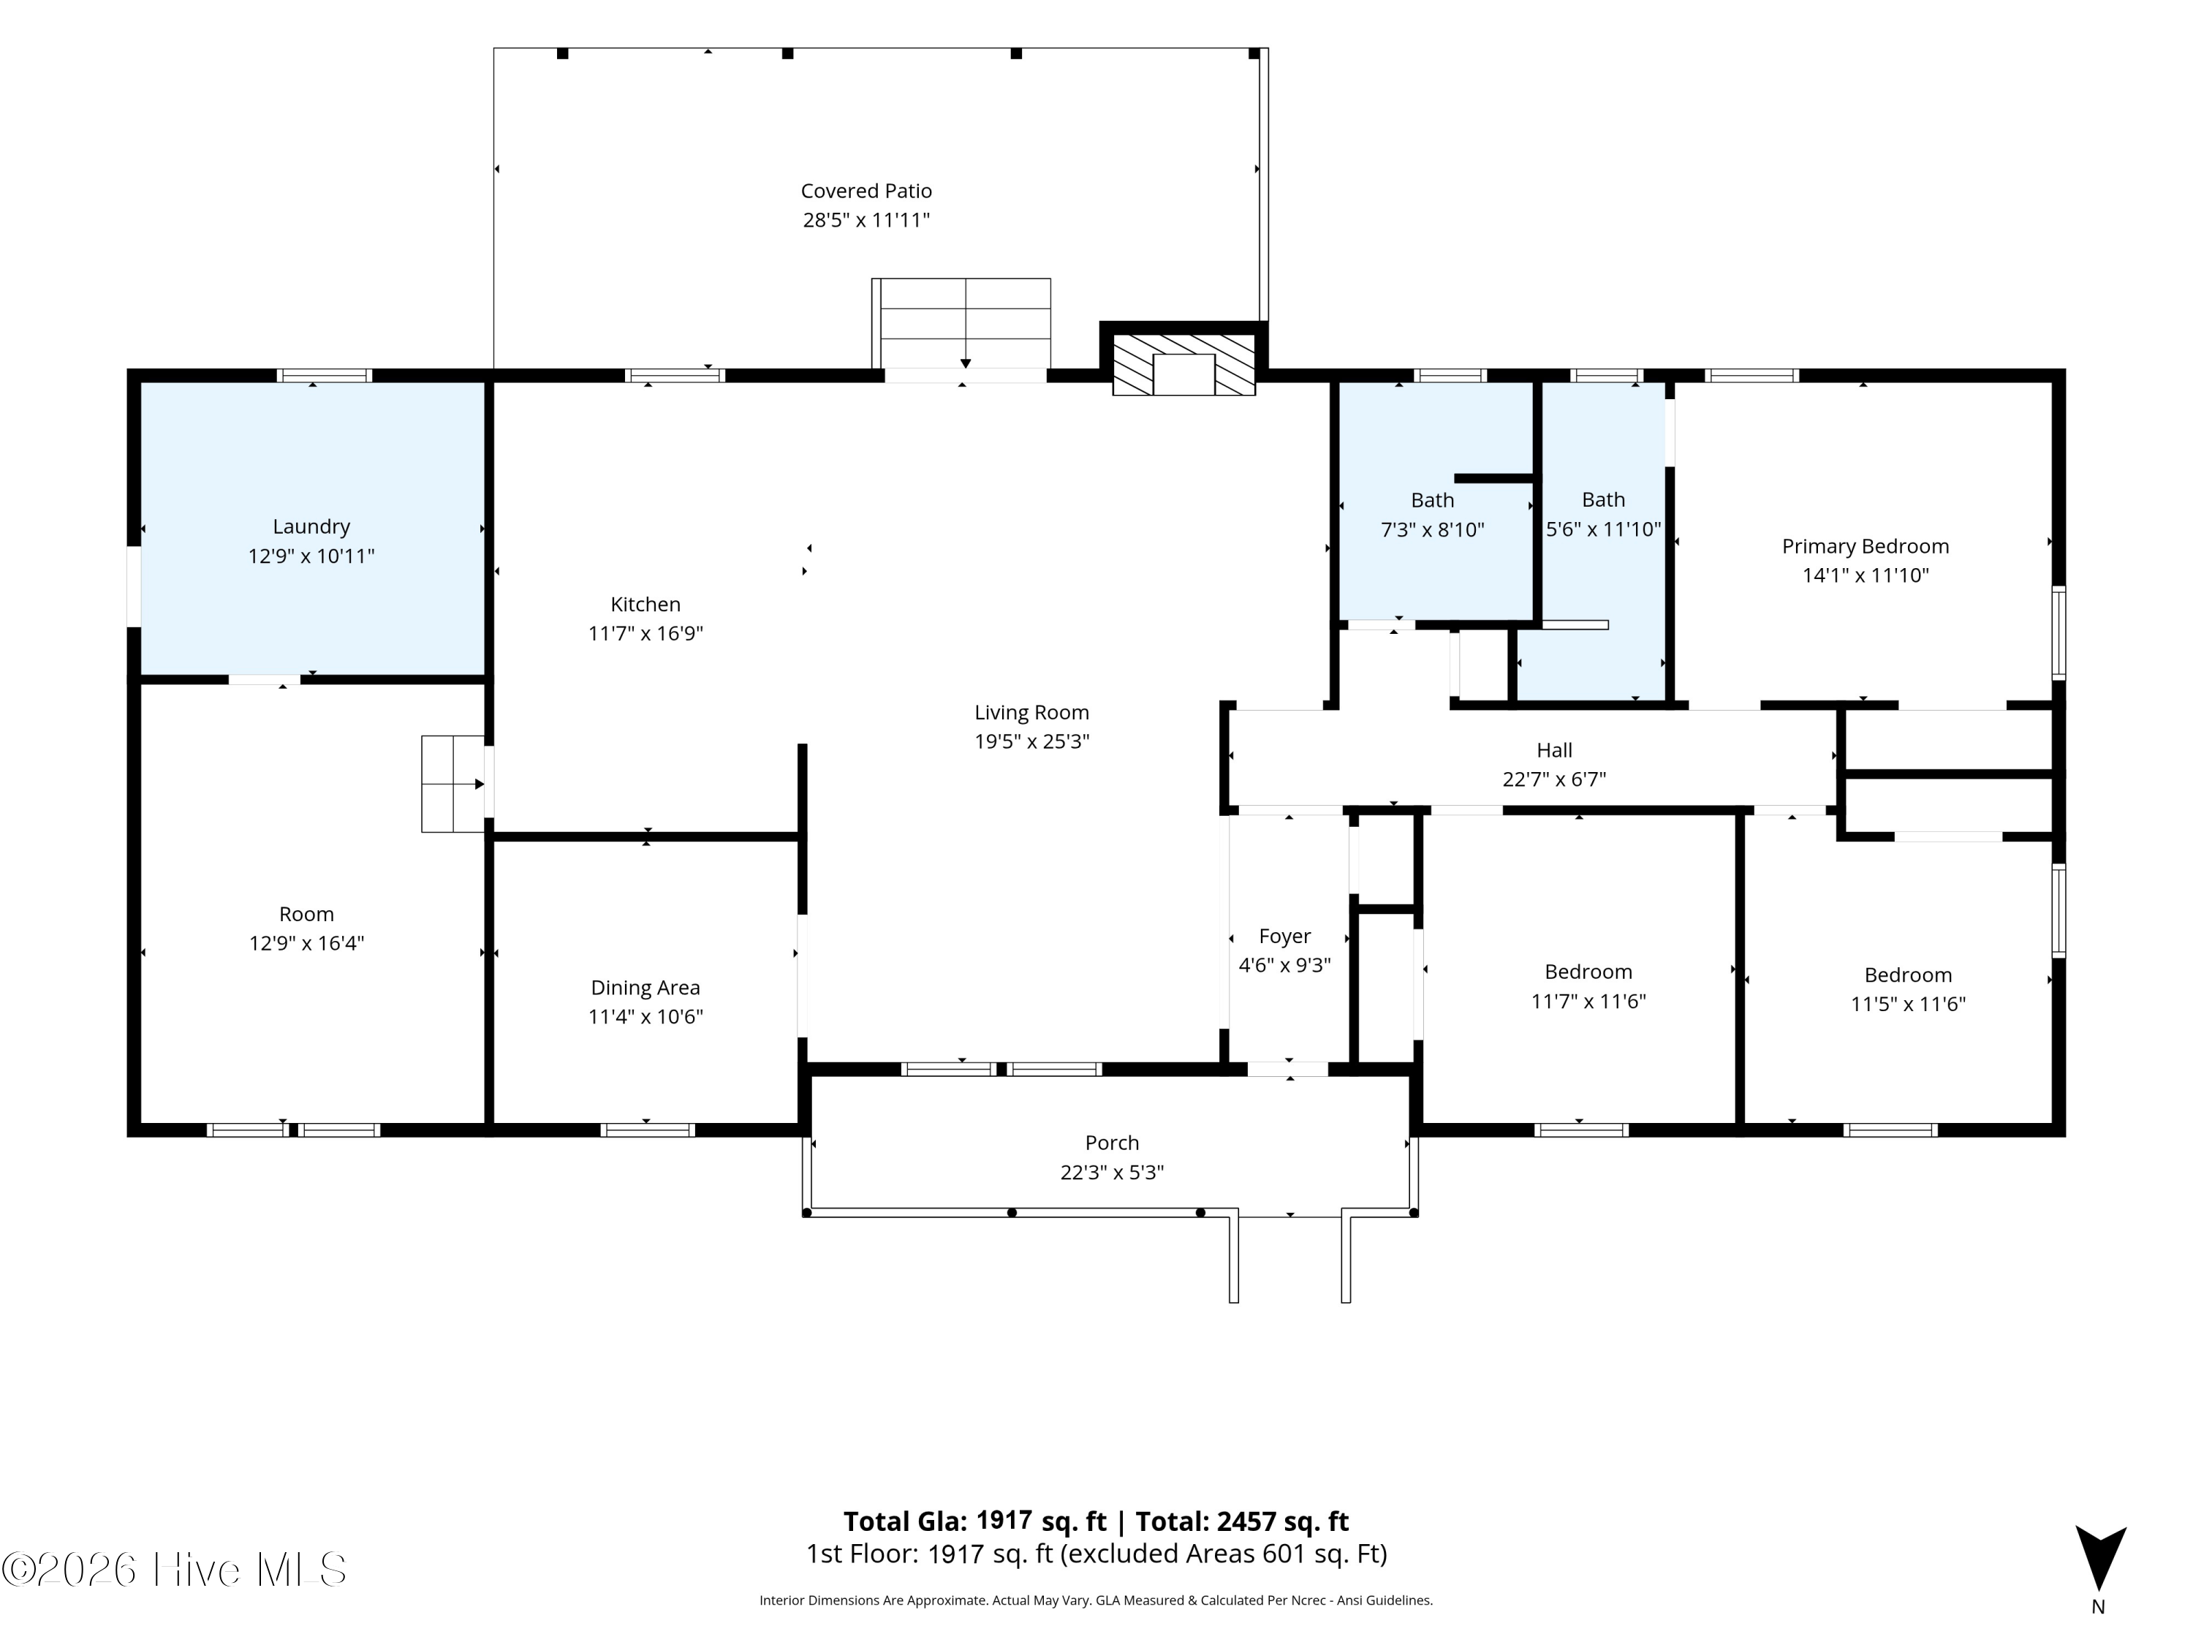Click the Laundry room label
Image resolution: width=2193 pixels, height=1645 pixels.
(x=311, y=526)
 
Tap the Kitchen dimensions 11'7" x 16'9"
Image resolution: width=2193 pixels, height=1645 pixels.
(x=645, y=632)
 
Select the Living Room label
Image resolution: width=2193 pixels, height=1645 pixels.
(x=1031, y=713)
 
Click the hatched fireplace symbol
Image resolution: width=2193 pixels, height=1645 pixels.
(x=1183, y=364)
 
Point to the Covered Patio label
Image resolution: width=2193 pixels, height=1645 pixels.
(x=866, y=190)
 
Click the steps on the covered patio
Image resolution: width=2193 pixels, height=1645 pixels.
(x=961, y=323)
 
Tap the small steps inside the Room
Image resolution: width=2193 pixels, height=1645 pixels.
(x=453, y=783)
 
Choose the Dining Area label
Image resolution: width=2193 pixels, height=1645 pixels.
(x=645, y=988)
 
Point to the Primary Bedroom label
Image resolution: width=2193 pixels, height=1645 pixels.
(x=1865, y=546)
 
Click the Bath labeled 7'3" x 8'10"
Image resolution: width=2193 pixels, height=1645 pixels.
(x=1433, y=501)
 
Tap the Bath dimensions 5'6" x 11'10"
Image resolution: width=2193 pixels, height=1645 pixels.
(x=1603, y=529)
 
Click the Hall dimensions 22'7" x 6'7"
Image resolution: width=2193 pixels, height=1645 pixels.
(x=1553, y=779)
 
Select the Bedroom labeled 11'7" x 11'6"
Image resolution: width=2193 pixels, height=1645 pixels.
(x=1588, y=972)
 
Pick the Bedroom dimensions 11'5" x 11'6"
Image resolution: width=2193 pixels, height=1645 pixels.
(x=1907, y=1004)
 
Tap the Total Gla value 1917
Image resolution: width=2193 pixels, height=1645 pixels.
(x=1004, y=1520)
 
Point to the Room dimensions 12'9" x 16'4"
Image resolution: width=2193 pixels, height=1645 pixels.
(x=306, y=943)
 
